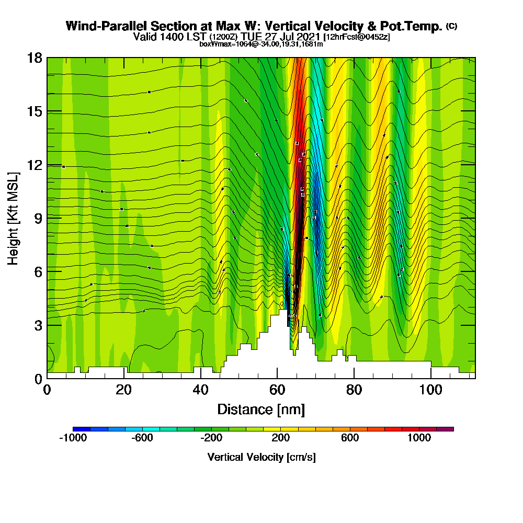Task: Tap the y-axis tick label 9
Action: coord(38,219)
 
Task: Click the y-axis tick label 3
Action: coord(38,325)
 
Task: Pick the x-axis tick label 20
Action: coord(123,390)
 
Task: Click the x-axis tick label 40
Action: coord(200,390)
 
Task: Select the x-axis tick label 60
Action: coord(277,390)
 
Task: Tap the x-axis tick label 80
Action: coord(354,390)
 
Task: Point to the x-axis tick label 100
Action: coord(430,390)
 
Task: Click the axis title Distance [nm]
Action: coord(261,409)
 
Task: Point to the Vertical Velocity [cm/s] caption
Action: coord(261,457)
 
